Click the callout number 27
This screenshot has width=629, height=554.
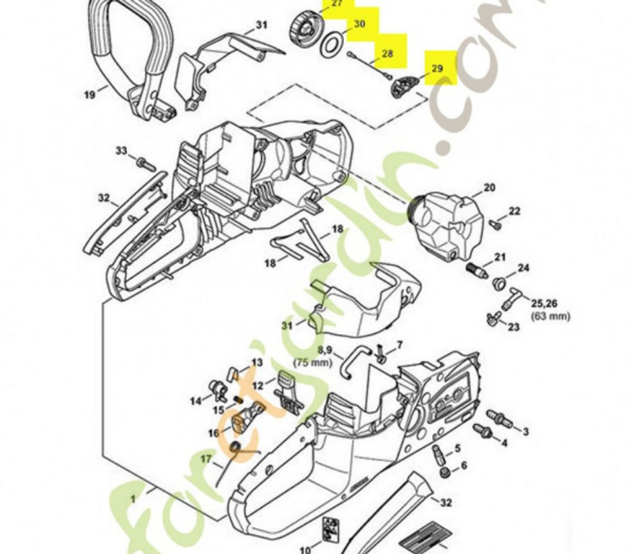click(x=338, y=4)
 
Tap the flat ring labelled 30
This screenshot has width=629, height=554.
click(x=331, y=45)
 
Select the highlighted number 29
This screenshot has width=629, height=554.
click(x=437, y=69)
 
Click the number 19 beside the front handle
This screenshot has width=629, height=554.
click(x=89, y=94)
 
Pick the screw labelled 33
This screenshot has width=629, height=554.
click(x=146, y=163)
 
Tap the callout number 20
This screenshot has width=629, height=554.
click(x=489, y=188)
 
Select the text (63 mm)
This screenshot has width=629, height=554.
click(x=550, y=316)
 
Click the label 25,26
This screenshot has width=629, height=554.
click(x=544, y=303)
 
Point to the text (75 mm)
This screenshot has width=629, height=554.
click(x=313, y=362)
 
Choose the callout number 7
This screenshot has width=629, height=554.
click(x=399, y=345)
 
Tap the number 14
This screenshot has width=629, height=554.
click(x=195, y=401)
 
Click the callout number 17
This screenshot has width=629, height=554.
click(x=206, y=459)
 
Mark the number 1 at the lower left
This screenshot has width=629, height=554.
click(x=133, y=499)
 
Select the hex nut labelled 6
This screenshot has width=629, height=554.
click(x=444, y=472)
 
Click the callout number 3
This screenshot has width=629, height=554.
click(x=526, y=431)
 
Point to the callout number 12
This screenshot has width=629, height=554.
click(x=258, y=385)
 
